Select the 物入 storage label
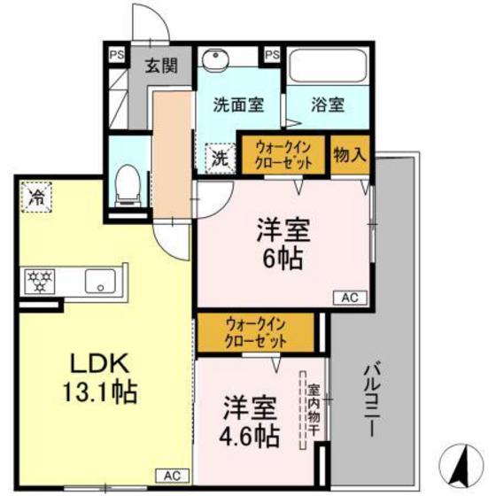pyautogui.click(x=349, y=153)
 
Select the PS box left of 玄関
pyautogui.click(x=117, y=53)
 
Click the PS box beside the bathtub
pyautogui.click(x=272, y=55)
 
